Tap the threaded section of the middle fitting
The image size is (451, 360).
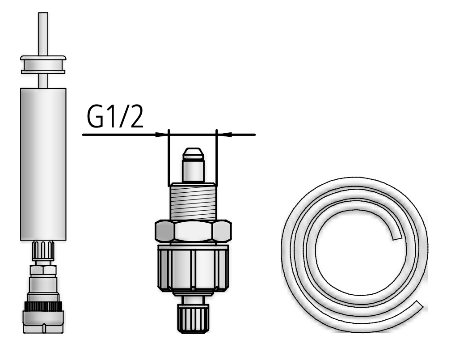pos(193,202)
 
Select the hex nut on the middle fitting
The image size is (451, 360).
pos(193,232)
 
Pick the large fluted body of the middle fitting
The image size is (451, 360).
pos(193,268)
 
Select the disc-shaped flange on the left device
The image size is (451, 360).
pos(43,64)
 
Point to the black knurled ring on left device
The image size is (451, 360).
pos(43,306)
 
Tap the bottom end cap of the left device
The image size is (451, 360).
pos(43,323)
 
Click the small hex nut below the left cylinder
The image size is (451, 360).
pos(43,270)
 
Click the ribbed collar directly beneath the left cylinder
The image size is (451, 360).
pos(43,251)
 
